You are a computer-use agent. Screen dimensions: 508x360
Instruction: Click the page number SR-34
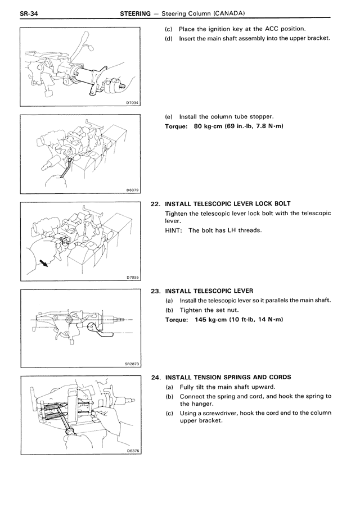[x=29, y=13]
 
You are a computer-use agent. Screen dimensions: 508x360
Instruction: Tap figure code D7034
[x=132, y=102]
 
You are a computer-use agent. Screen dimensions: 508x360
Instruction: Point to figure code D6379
[x=132, y=190]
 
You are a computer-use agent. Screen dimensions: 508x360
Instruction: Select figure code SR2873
[x=131, y=364]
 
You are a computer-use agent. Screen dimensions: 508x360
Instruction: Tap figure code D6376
[x=132, y=451]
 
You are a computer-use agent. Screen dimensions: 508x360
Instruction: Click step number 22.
[x=156, y=203]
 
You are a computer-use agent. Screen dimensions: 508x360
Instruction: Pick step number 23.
[x=156, y=291]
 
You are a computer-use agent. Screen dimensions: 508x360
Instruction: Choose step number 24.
[x=156, y=377]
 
